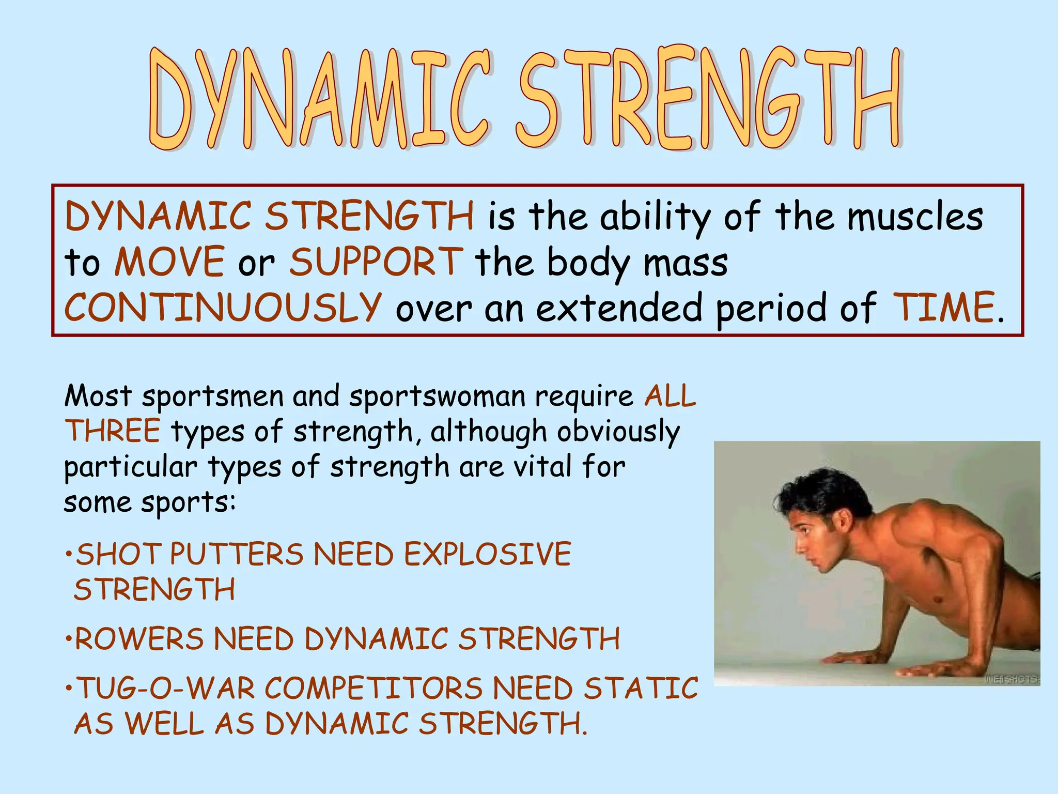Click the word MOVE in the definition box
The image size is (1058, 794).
pos(169,262)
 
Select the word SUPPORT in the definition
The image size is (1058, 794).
pos(376,262)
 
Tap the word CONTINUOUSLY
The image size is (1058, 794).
pos(223,307)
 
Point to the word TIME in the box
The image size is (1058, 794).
pos(944,307)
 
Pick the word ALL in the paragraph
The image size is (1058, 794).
pos(670,397)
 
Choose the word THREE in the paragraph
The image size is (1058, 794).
pos(113,431)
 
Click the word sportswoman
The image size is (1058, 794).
pos(437,397)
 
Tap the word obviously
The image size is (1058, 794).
pos(618,432)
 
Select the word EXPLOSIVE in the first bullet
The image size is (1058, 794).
pos(487,554)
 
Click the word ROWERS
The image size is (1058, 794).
pos(139,639)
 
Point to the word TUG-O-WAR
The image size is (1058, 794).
pos(166,689)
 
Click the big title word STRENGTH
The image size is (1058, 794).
pos(709,98)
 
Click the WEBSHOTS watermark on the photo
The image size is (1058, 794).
pos(1012,679)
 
